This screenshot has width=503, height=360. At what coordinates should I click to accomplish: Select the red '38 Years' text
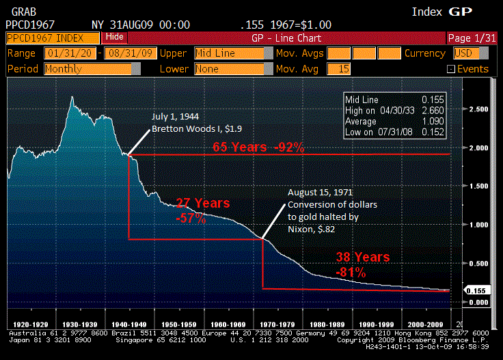point(362,258)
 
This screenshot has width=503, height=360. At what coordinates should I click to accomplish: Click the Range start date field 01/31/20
point(69,53)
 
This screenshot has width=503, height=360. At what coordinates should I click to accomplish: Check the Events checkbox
point(450,69)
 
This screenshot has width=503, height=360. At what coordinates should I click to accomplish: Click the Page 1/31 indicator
point(472,38)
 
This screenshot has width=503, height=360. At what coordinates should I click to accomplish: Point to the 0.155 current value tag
point(476,290)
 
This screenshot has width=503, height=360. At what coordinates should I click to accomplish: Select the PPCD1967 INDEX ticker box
point(51,38)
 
